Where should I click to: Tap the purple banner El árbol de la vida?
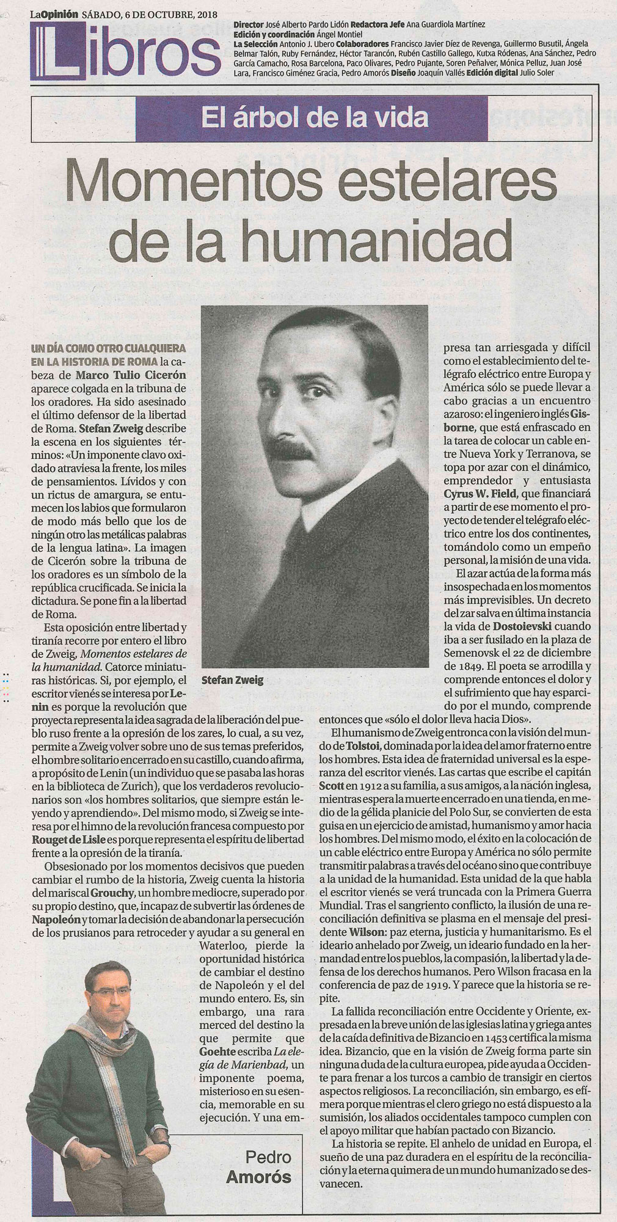click(x=308, y=117)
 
